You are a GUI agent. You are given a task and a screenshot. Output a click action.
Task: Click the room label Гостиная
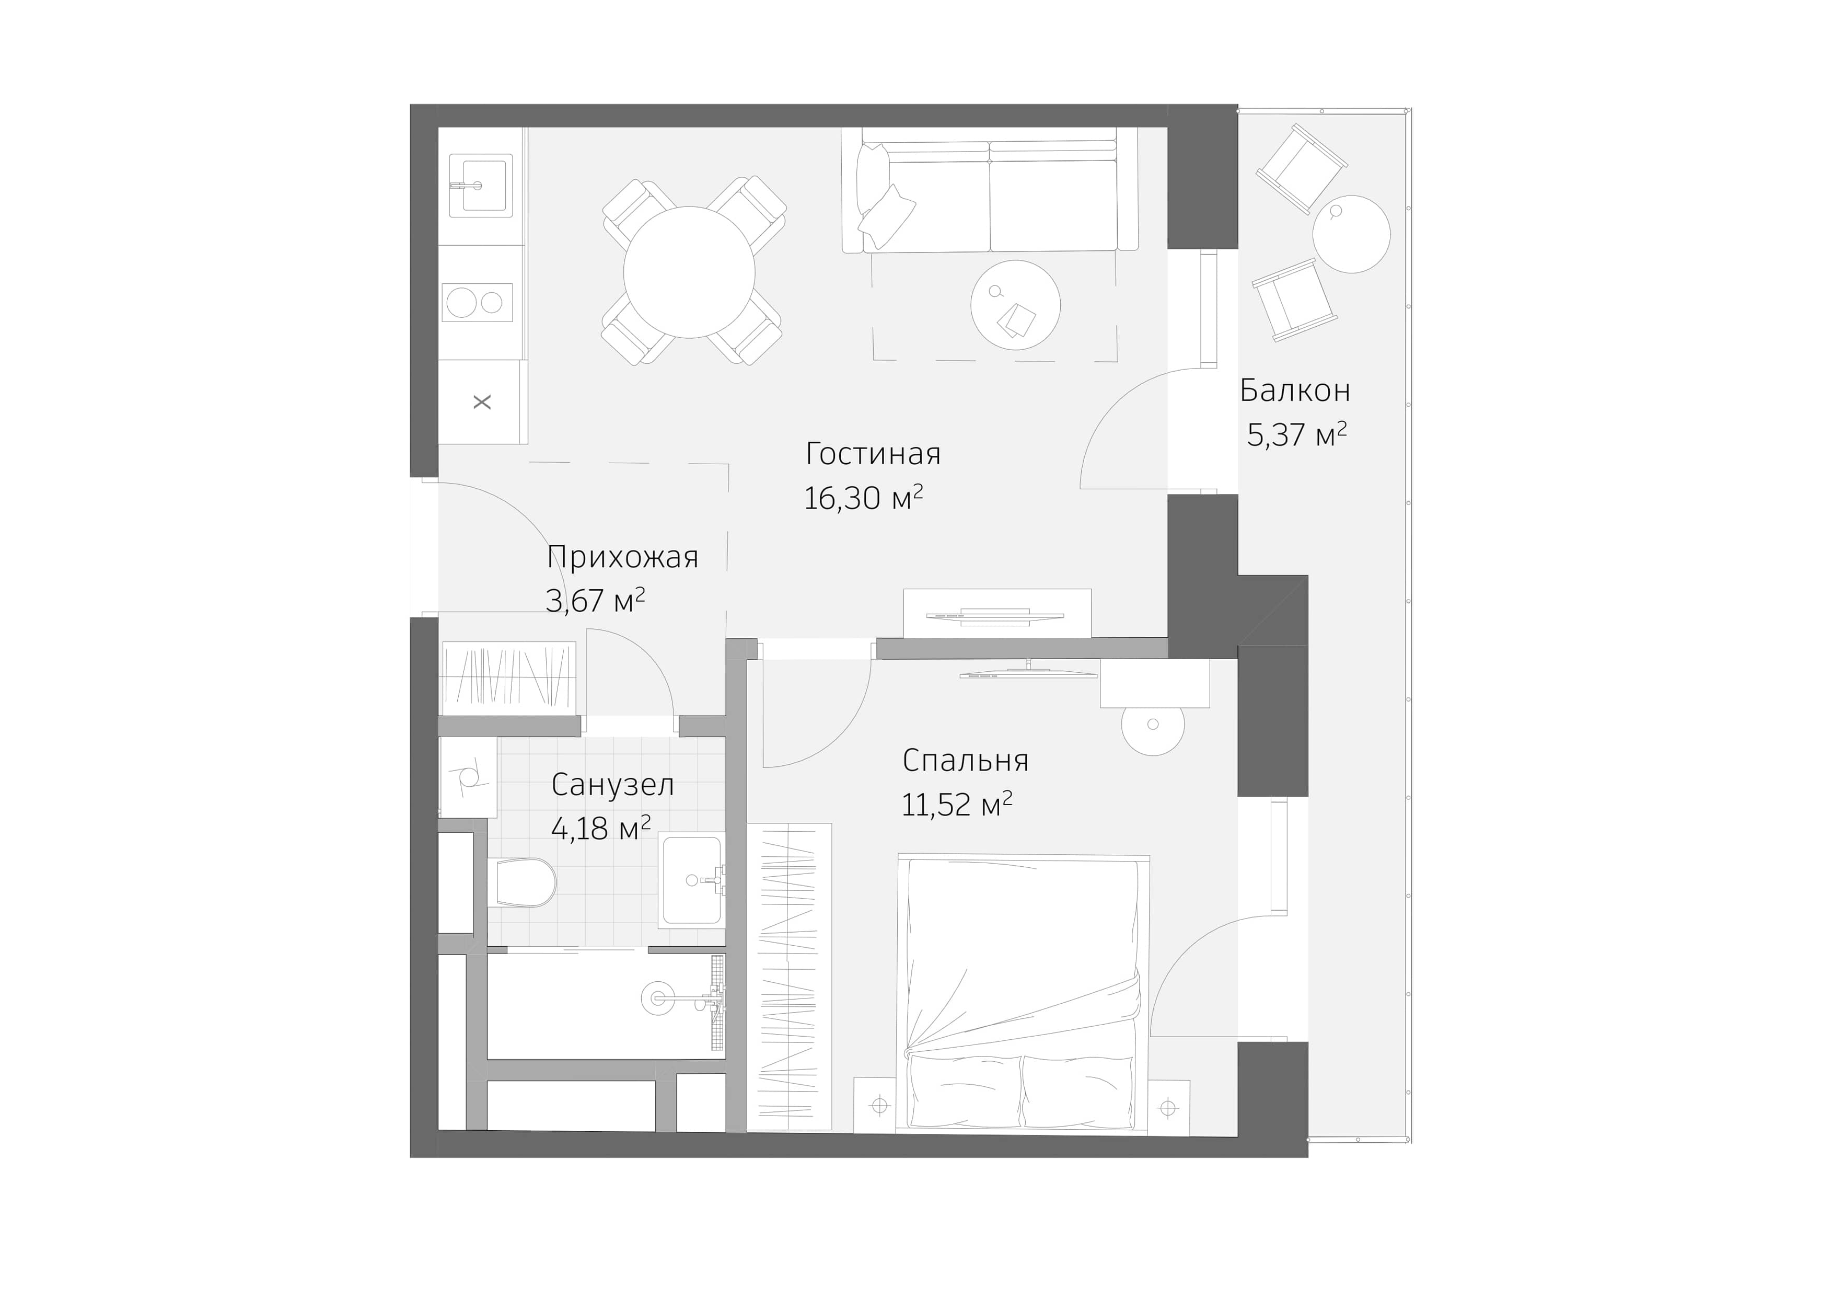click(873, 454)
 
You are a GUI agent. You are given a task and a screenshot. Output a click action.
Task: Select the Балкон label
click(1294, 391)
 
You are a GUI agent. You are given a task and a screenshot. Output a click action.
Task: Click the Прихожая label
click(623, 557)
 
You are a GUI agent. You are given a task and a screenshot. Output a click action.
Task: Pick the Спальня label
click(965, 760)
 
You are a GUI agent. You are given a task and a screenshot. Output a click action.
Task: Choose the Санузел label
click(612, 785)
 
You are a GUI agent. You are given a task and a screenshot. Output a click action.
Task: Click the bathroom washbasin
click(691, 880)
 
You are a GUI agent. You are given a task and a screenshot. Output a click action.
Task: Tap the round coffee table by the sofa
click(1015, 304)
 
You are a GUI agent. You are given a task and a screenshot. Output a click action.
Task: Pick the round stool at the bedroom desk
click(1152, 725)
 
